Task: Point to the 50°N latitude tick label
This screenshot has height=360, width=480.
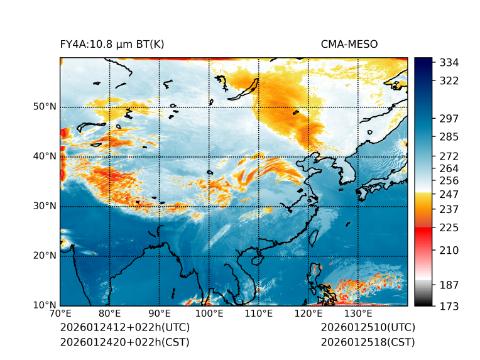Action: [x=45, y=107]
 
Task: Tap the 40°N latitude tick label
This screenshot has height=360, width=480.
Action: [x=45, y=156]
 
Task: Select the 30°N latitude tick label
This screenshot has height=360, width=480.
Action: [x=45, y=206]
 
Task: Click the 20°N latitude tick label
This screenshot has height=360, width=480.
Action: [x=45, y=256]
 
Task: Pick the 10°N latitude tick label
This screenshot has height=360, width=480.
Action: [x=45, y=305]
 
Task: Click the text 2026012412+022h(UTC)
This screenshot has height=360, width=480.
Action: [x=124, y=328]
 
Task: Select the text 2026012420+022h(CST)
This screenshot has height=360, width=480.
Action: [x=124, y=342]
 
